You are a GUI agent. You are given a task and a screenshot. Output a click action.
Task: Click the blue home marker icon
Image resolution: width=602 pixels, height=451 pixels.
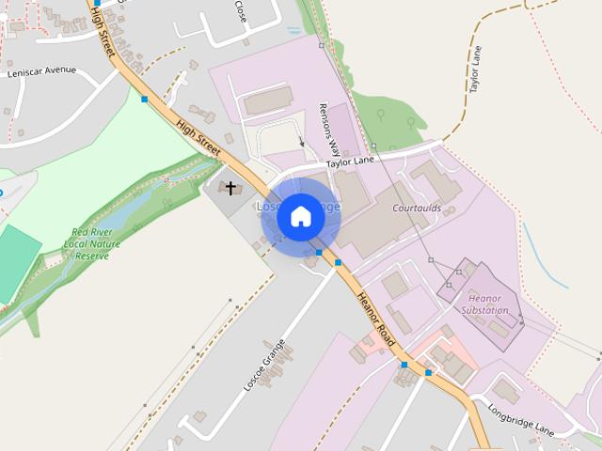pos(301,216)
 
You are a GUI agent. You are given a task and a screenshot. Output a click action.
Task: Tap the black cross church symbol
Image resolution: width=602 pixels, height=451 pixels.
pos(230,189)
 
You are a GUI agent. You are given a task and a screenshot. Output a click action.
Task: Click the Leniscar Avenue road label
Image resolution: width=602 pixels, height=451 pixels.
pos(40,71)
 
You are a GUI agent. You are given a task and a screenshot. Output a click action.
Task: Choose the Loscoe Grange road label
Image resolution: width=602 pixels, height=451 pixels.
pos(264,365)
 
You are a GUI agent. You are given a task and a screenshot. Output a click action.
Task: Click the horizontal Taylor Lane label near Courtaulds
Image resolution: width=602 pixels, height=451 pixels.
pos(350,162)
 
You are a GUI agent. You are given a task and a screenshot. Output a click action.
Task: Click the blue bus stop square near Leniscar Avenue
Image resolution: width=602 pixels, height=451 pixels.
pos(145,99)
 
